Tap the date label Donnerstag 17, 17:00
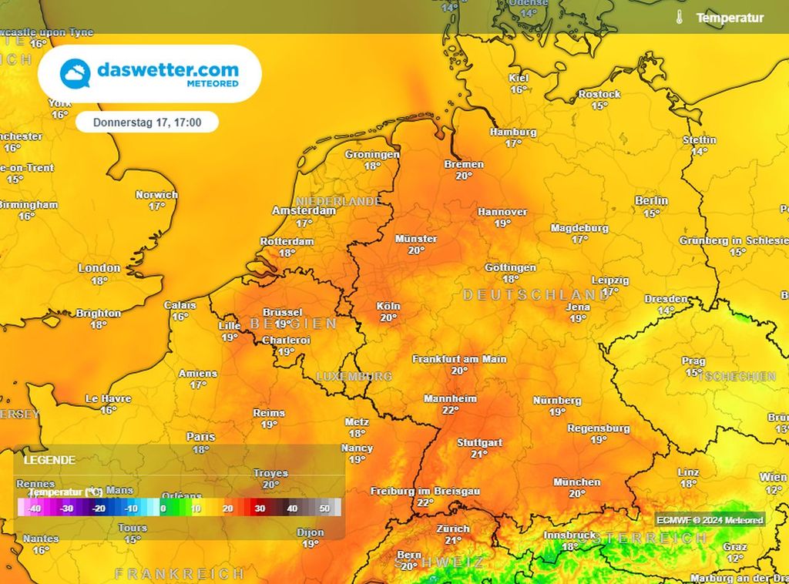click(x=146, y=123)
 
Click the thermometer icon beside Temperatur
click(x=679, y=18)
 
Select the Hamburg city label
click(x=513, y=133)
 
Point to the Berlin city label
click(x=651, y=201)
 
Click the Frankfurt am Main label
click(x=459, y=359)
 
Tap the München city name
click(x=577, y=482)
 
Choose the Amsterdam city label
click(x=304, y=211)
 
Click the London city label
click(x=99, y=268)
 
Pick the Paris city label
click(x=200, y=437)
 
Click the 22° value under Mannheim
click(x=450, y=411)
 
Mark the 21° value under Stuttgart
click(x=479, y=455)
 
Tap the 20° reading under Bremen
click(x=464, y=176)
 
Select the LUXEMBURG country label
click(x=354, y=377)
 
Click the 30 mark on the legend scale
click(x=260, y=508)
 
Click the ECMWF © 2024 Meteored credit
click(x=710, y=520)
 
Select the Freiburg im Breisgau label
click(x=425, y=491)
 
